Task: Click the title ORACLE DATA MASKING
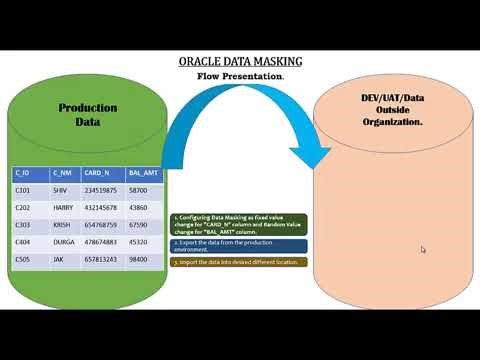pos(240,62)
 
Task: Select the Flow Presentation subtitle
pos(240,76)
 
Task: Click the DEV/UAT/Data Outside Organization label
pos(392,109)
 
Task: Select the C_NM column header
pos(61,171)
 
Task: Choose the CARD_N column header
pos(98,171)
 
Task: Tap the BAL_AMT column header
pos(142,171)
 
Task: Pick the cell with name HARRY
pos(63,207)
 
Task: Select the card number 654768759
pos(102,225)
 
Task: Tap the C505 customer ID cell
pos(24,259)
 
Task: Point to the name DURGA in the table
pos(64,241)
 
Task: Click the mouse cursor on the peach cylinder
pos(423,250)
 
